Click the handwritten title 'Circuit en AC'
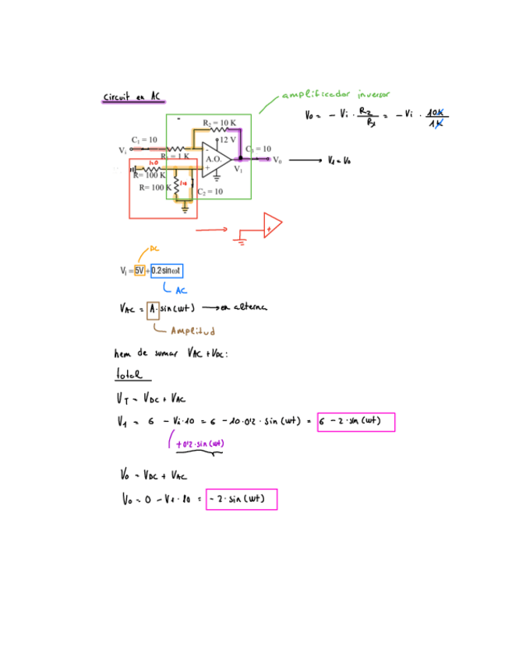(132, 97)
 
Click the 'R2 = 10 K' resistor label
(219, 123)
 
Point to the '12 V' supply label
(228, 139)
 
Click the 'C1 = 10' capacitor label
(143, 139)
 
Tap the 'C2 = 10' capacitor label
(210, 191)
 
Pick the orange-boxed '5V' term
(139, 270)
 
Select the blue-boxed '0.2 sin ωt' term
(167, 270)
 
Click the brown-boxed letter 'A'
(153, 307)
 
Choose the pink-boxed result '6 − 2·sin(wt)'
(355, 422)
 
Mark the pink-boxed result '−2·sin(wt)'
(242, 498)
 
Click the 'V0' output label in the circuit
(277, 160)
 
